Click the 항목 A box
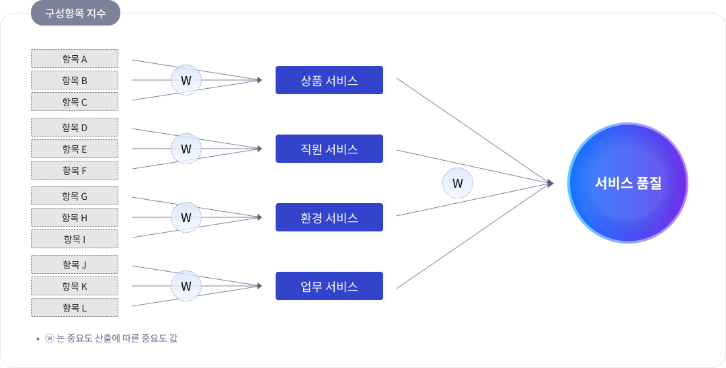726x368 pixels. (x=75, y=59)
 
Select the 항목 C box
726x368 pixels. (x=75, y=102)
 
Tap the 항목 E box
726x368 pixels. (x=75, y=149)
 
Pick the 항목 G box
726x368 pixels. (x=75, y=196)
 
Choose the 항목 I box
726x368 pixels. (x=75, y=239)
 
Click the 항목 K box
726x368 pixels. (x=75, y=286)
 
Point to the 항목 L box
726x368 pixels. (x=75, y=307)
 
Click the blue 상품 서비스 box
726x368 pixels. (x=329, y=80)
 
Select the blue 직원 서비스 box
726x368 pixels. (x=329, y=149)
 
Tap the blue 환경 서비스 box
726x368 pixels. (x=329, y=217)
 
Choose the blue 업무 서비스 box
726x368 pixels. (x=329, y=286)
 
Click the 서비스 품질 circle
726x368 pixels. (x=628, y=183)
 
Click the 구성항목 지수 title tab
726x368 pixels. (x=75, y=13)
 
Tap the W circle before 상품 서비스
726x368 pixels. (x=186, y=80)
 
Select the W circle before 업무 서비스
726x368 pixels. (x=186, y=286)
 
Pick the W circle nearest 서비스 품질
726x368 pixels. (x=458, y=183)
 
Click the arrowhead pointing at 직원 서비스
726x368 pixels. (x=259, y=149)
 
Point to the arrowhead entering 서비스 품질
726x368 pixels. (x=551, y=183)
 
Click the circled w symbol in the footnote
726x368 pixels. (x=49, y=338)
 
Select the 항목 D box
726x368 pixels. (x=75, y=127)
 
